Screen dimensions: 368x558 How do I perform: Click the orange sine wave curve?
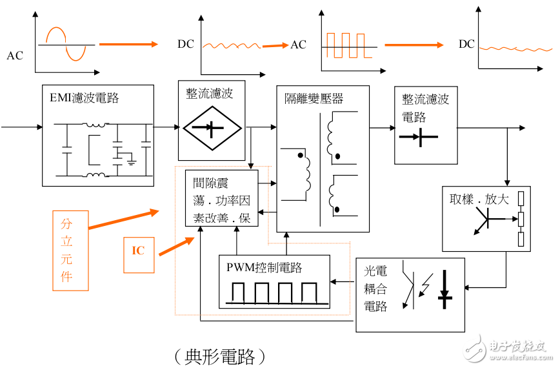(x=65, y=44)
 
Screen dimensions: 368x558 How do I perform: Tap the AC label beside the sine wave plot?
(x=14, y=56)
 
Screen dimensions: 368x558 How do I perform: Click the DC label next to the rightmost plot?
(x=466, y=45)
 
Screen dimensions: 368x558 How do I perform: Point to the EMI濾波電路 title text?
(x=85, y=98)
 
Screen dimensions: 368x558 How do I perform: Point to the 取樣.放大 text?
(x=479, y=199)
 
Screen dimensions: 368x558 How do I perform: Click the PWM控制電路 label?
(x=264, y=267)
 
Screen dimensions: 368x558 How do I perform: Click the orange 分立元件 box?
(x=70, y=250)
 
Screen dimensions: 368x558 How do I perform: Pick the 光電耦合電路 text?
(x=375, y=289)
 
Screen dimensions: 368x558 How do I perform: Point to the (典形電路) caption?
(x=220, y=356)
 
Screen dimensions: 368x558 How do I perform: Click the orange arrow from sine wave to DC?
(x=128, y=44)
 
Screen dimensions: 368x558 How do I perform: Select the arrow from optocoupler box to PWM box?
(x=343, y=281)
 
